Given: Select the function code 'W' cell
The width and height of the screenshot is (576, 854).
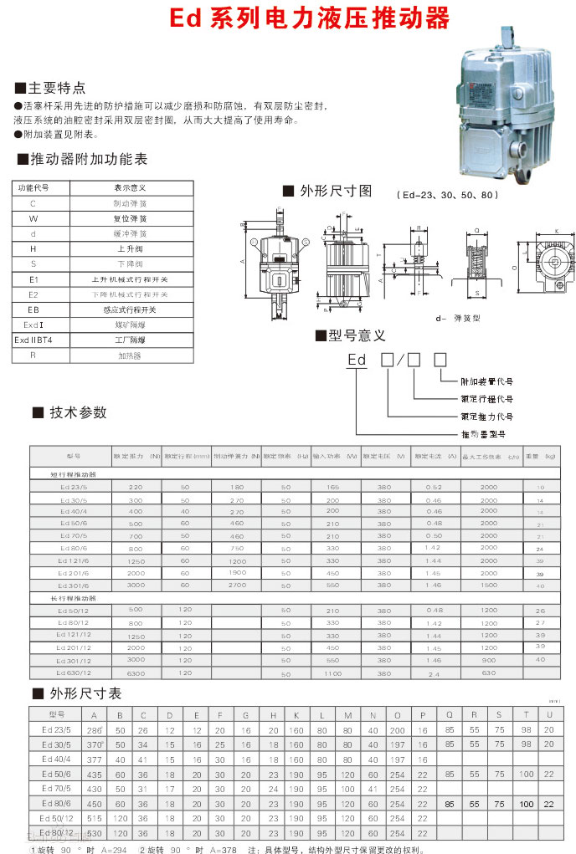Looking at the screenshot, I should click(x=33, y=218).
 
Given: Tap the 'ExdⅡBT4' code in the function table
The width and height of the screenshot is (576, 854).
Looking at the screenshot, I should click(x=33, y=340).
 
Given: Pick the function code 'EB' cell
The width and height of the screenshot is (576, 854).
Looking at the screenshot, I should click(x=33, y=309).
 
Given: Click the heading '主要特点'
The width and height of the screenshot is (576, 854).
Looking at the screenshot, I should click(x=56, y=87).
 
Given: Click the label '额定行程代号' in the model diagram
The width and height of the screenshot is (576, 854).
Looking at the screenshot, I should click(x=486, y=399).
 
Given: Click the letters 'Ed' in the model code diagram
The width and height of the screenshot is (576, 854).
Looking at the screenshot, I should click(x=357, y=361).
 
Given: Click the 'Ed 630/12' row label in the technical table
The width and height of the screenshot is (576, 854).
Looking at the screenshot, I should click(x=73, y=672).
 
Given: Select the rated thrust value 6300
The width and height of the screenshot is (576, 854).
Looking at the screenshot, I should click(x=136, y=672).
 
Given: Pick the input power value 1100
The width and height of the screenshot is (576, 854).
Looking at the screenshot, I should click(x=333, y=672).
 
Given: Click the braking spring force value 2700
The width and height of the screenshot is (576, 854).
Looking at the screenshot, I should click(x=237, y=586).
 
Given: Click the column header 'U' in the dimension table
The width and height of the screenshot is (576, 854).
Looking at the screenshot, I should click(x=549, y=715).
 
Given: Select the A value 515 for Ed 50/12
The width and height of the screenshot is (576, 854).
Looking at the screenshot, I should click(x=94, y=819).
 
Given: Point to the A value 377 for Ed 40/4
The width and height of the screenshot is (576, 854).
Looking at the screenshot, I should click(x=94, y=759).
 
